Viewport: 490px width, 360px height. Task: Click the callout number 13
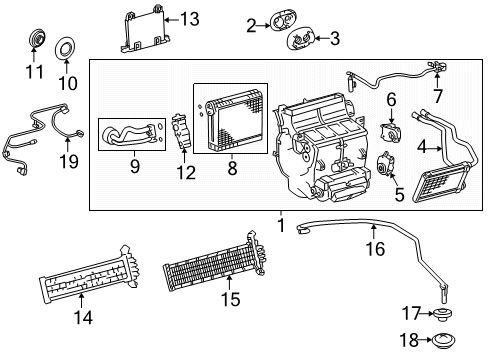(190, 18)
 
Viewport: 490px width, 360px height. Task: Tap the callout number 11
(35, 74)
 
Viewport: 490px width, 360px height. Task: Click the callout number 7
(435, 96)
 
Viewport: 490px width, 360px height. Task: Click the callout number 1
(281, 226)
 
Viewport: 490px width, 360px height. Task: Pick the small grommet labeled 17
(443, 312)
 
